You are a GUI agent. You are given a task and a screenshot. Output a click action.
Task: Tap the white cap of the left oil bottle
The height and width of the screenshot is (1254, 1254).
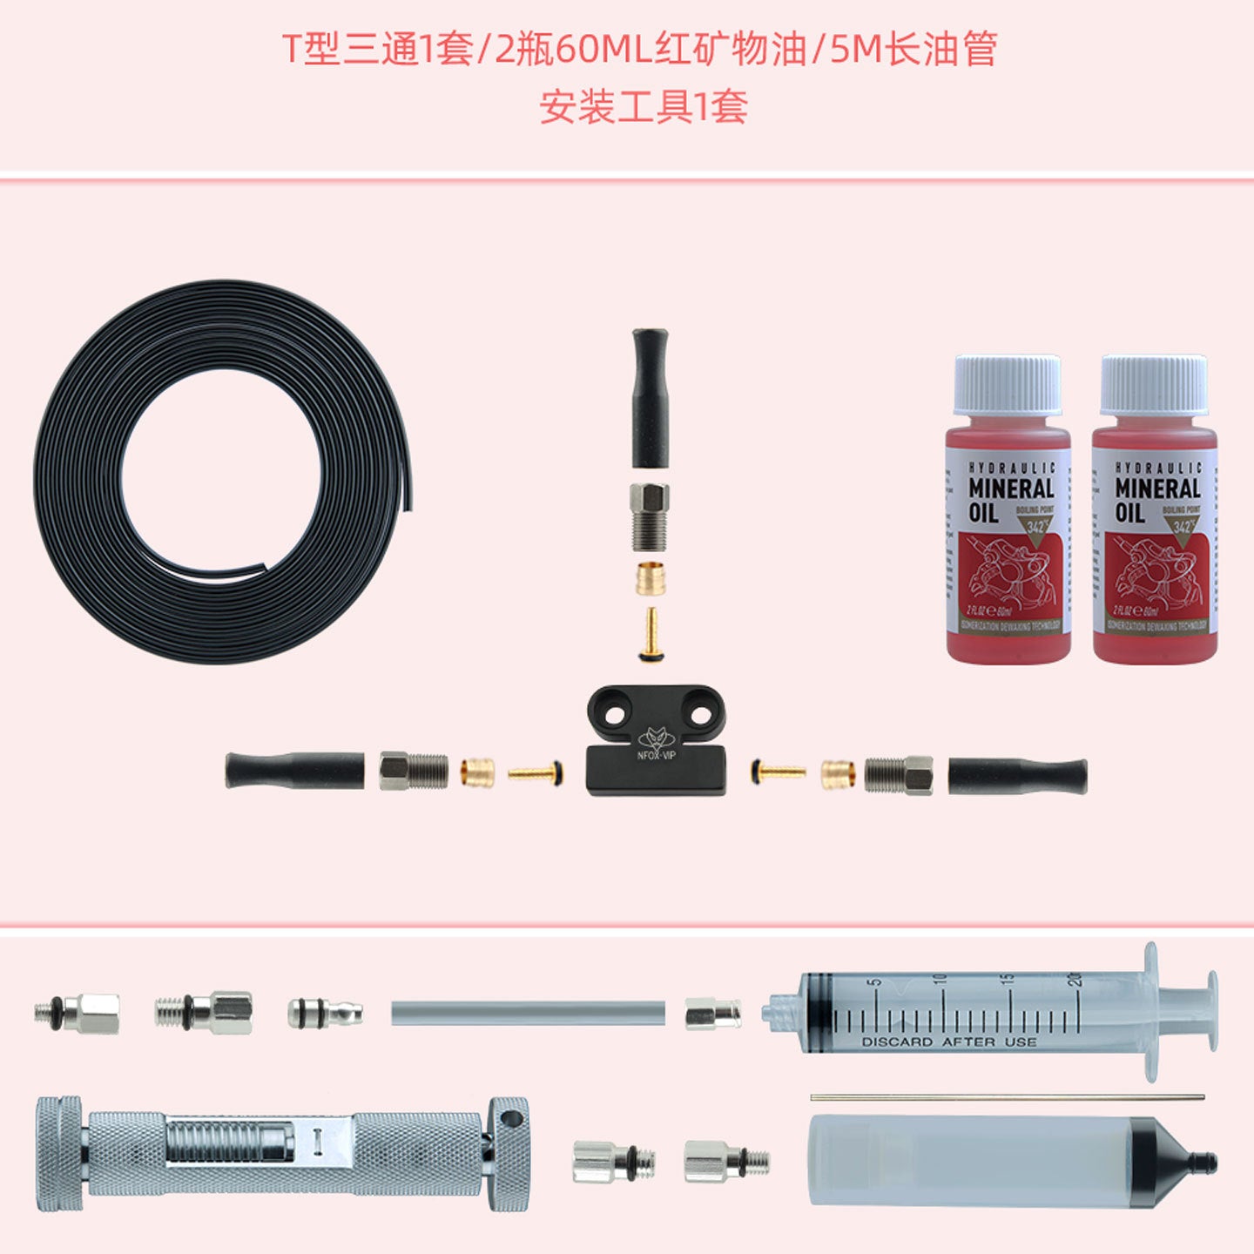[x=1007, y=385]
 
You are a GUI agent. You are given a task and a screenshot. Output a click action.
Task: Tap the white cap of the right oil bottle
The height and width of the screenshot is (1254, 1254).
[x=1154, y=385]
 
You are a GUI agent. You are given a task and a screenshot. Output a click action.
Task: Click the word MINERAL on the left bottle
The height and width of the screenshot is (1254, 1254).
[x=1011, y=489]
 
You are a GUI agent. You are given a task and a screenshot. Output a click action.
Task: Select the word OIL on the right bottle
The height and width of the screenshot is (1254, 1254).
[x=1129, y=512]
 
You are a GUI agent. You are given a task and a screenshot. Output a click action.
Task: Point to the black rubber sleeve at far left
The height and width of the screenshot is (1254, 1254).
[x=294, y=771]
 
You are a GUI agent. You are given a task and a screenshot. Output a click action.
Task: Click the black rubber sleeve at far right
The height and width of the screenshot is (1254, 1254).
[x=1017, y=775]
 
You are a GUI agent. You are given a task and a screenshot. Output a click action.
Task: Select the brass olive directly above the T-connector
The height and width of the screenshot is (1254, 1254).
[x=651, y=578]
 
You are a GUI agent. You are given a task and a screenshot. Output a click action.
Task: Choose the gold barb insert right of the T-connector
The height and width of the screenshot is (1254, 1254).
[x=779, y=771]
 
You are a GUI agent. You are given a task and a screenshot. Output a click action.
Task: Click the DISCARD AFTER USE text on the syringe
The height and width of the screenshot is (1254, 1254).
[x=948, y=1042]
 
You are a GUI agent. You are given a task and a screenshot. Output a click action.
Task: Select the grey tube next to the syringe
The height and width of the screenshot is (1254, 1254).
[x=528, y=1013]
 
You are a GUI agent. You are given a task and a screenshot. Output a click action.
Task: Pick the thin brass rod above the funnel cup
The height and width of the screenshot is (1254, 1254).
[x=1008, y=1097]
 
